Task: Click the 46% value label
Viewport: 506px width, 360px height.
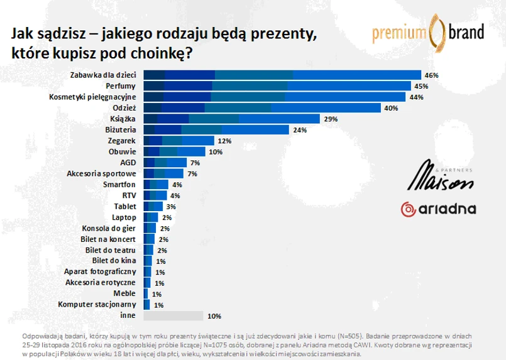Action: pos(431,75)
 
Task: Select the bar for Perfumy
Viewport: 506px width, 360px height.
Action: pos(277,86)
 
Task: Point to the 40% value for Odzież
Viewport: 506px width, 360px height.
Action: pos(392,108)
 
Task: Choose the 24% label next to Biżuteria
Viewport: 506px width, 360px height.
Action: pos(300,130)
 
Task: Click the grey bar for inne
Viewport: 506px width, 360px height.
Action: pos(173,316)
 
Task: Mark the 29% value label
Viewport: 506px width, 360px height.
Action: pos(331,119)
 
